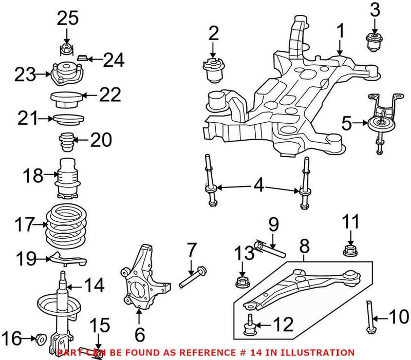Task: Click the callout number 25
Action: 68,19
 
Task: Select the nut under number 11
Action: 350,252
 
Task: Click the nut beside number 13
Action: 241,282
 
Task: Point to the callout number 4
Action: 259,185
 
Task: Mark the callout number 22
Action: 109,94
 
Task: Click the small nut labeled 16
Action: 39,338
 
